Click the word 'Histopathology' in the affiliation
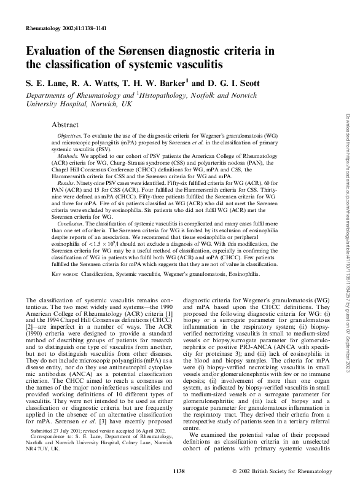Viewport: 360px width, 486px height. point(168,95)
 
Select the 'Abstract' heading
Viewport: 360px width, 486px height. point(66,123)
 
